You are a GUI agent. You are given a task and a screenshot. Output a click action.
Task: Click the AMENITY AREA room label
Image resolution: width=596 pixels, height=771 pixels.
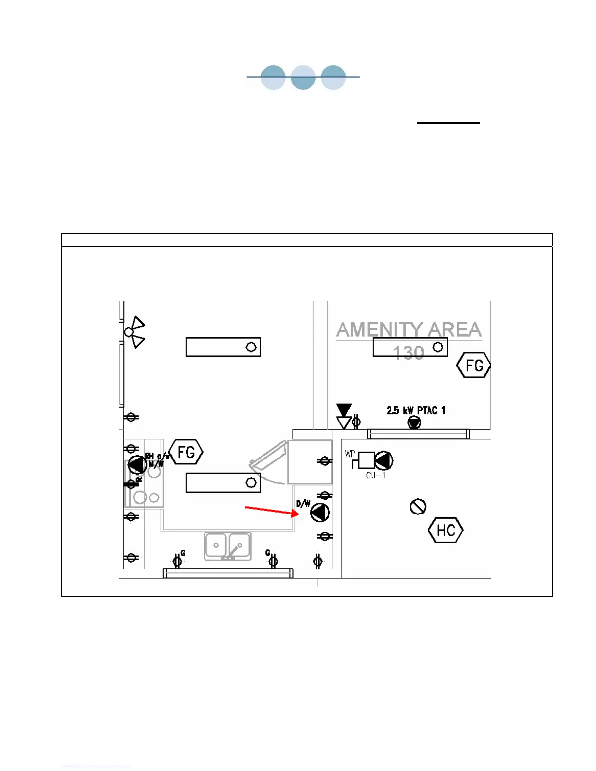pos(409,330)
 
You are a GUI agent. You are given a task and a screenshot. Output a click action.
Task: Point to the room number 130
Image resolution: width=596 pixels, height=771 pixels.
pos(408,353)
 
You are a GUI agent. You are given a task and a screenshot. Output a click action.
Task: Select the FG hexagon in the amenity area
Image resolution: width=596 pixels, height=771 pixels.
pos(474,366)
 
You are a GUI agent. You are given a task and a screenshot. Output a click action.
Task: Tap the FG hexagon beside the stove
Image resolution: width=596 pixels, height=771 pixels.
pos(186,452)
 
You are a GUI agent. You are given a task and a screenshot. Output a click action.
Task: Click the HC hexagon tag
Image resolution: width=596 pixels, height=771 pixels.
pos(446,530)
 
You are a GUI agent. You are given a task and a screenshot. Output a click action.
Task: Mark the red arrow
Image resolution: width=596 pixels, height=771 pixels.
pos(272,511)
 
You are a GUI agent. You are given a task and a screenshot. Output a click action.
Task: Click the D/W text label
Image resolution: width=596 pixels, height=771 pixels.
pos(303,503)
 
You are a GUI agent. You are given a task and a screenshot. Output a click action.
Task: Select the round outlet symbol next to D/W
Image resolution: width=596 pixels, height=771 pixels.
pos(320,513)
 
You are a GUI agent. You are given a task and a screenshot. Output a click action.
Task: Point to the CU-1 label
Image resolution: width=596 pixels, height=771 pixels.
pos(375,476)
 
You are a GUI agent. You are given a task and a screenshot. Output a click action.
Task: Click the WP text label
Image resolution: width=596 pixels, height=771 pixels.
pos(350,454)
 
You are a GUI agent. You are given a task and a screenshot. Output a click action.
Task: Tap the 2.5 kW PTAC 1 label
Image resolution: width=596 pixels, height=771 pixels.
pos(416,410)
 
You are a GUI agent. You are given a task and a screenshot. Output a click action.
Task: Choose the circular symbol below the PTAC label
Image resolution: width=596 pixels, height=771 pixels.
pos(414,422)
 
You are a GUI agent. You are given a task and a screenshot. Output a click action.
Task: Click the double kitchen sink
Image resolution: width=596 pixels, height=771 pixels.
pos(227,546)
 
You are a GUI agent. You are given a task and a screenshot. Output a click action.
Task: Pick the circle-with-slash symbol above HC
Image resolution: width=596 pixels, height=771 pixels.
pos(418,507)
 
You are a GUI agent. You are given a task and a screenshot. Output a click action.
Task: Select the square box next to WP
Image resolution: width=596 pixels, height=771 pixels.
pos(366,460)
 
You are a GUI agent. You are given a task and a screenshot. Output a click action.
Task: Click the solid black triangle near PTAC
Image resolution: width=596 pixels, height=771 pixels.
pos(344,409)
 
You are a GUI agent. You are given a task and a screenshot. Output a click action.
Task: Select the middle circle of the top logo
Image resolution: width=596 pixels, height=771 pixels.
pos(303,77)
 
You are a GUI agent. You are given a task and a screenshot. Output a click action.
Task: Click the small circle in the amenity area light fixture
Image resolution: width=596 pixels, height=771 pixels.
pos(438,347)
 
